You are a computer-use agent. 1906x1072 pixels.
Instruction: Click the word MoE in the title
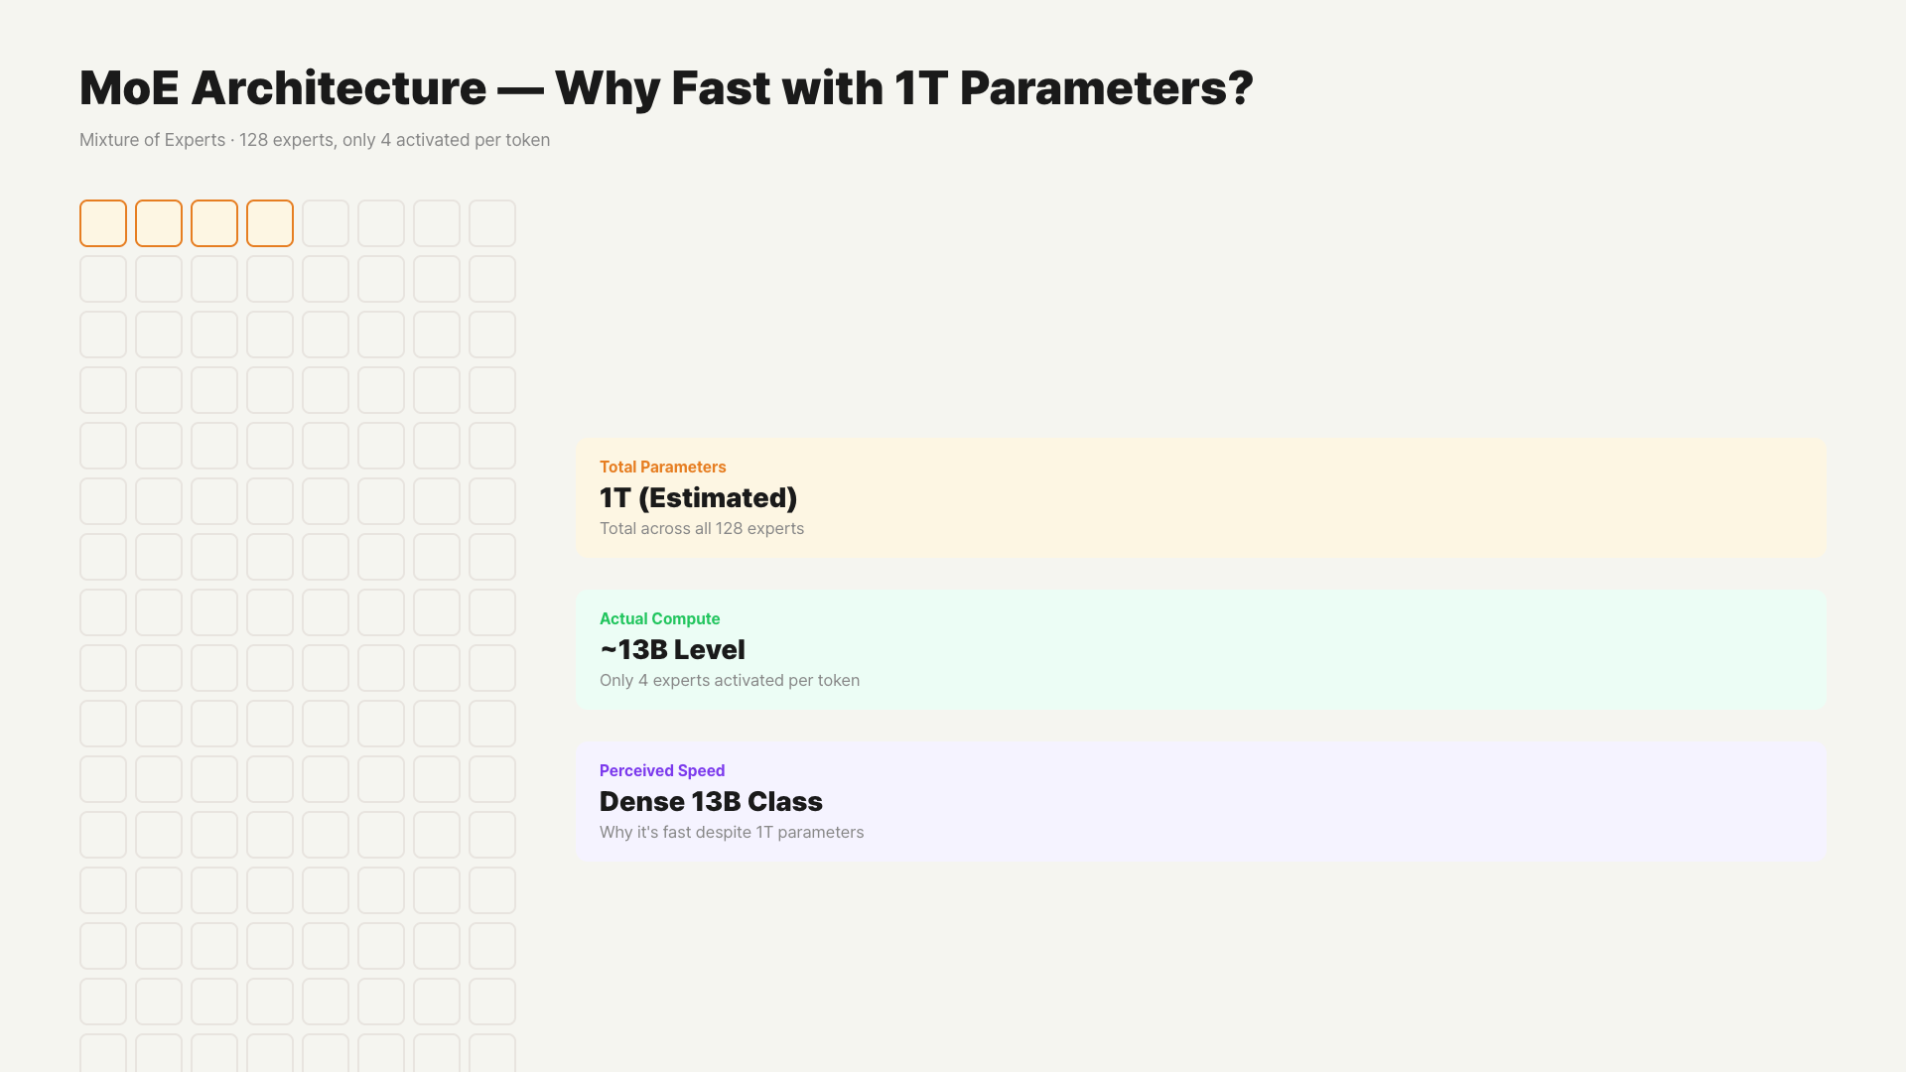click(129, 88)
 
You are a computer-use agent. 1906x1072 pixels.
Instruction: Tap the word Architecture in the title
click(339, 88)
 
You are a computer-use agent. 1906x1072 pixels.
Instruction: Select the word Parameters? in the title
click(1107, 88)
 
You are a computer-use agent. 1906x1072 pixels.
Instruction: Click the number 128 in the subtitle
click(253, 140)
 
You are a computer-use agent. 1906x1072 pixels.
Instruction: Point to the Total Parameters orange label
click(663, 467)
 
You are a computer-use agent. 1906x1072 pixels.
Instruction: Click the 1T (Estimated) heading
click(698, 498)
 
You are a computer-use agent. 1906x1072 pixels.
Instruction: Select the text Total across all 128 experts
click(702, 528)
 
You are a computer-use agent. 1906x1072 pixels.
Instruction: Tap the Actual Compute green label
click(660, 618)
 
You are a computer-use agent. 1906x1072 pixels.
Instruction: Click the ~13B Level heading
click(672, 650)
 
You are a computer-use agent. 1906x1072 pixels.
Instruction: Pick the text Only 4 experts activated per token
click(730, 680)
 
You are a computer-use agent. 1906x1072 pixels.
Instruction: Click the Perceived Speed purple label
click(662, 770)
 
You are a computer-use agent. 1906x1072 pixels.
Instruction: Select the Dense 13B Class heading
click(711, 802)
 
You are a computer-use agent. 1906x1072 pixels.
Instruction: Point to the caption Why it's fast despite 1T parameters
click(732, 832)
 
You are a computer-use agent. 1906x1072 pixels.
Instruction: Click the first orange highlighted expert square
click(103, 223)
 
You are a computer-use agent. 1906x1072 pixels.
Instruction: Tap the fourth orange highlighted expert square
click(270, 223)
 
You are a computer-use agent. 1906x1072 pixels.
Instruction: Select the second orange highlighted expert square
click(159, 223)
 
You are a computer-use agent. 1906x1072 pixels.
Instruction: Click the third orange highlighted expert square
click(214, 223)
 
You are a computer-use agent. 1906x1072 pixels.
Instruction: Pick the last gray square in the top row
click(492, 223)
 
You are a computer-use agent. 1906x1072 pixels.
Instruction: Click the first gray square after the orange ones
click(326, 223)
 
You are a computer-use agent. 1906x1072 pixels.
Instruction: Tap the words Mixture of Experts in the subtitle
click(152, 140)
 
